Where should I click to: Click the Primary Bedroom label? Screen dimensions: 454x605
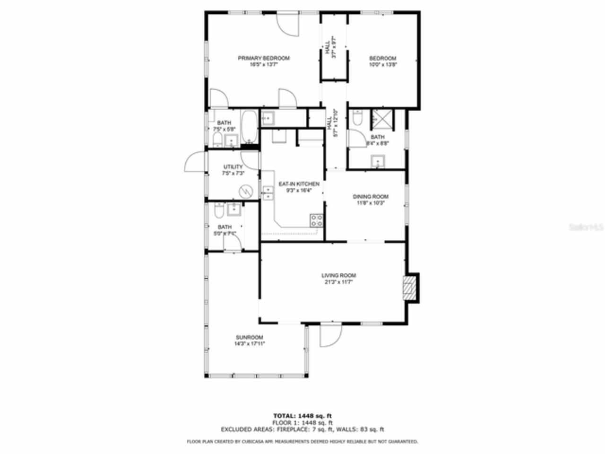(263, 58)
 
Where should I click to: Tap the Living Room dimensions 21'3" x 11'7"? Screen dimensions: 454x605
(338, 282)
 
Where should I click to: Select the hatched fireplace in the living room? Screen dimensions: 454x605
(409, 288)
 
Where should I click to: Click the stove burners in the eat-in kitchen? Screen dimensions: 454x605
(316, 220)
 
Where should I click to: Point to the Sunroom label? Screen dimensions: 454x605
(249, 337)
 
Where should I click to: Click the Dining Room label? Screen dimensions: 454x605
(371, 197)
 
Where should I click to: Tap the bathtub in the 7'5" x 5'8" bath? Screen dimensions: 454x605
(249, 127)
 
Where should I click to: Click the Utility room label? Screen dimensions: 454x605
(233, 167)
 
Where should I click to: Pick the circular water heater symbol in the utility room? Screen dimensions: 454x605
(246, 191)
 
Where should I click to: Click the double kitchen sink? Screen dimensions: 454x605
(268, 193)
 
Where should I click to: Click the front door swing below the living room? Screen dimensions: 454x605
(330, 335)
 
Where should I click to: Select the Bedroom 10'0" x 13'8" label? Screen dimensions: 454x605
(382, 58)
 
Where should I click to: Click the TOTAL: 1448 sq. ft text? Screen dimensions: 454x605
(302, 416)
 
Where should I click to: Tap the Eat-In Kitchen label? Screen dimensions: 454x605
(299, 184)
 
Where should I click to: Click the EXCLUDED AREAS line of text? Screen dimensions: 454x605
(302, 429)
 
